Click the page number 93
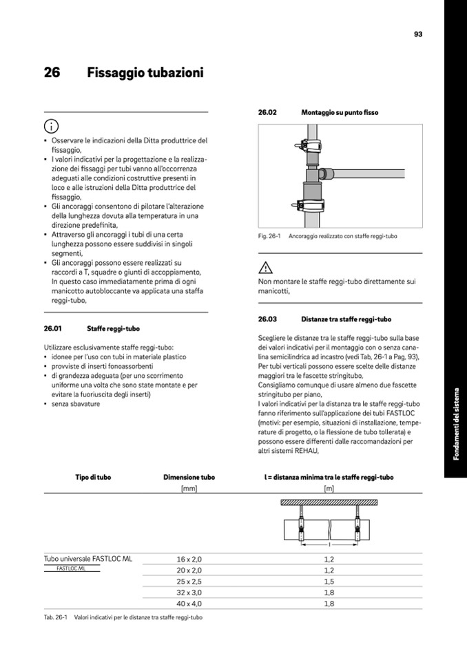(x=417, y=34)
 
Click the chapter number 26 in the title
(x=52, y=72)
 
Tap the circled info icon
(x=50, y=127)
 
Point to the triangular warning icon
(x=265, y=268)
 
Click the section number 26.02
(x=267, y=112)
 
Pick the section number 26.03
(x=267, y=319)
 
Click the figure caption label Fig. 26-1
(x=269, y=236)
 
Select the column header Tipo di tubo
(x=93, y=477)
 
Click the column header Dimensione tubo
(x=189, y=477)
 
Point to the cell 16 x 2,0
(x=189, y=560)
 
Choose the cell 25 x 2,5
(x=189, y=582)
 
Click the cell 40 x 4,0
(x=189, y=604)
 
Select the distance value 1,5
(x=329, y=582)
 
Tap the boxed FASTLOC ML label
(x=72, y=569)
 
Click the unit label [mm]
(x=189, y=488)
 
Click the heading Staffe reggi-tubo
(x=113, y=329)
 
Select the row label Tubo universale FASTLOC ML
(x=87, y=559)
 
